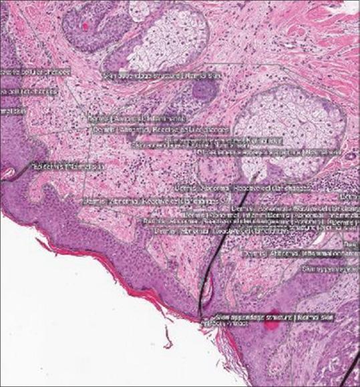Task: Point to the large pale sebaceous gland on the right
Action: pyautogui.click(x=291, y=120)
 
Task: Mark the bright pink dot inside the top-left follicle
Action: pyautogui.click(x=85, y=25)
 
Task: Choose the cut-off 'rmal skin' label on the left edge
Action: pyautogui.click(x=12, y=111)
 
